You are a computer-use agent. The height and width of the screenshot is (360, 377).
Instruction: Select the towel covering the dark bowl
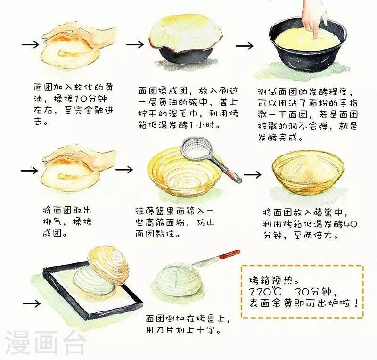[186, 33]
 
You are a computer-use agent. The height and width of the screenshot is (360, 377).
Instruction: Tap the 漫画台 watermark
[45, 343]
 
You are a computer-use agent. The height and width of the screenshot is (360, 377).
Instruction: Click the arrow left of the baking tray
[32, 303]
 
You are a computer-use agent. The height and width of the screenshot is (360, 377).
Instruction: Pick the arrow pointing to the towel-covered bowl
[135, 44]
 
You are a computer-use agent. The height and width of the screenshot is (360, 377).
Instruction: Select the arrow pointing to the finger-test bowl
[245, 46]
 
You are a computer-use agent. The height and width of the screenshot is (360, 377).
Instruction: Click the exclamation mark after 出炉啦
[356, 303]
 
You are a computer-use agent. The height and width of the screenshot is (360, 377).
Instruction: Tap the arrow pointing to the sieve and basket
[124, 170]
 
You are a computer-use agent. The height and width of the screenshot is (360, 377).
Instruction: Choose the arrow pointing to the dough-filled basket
[253, 174]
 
